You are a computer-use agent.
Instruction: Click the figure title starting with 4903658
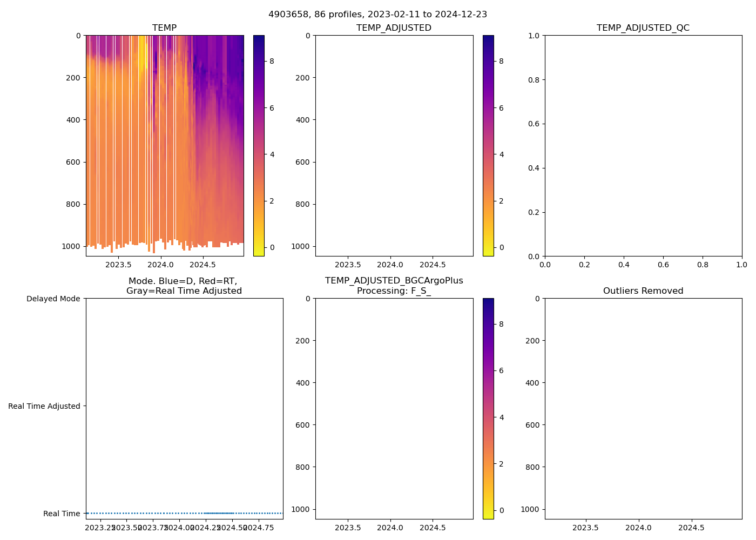(x=377, y=15)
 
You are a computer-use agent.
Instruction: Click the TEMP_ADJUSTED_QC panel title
(x=643, y=28)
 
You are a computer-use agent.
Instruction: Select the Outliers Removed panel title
(x=643, y=291)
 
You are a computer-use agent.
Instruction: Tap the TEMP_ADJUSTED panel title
(x=394, y=28)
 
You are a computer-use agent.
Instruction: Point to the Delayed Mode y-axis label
(x=53, y=299)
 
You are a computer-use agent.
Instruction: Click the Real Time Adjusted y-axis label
(x=44, y=406)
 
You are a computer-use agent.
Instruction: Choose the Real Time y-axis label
(x=61, y=514)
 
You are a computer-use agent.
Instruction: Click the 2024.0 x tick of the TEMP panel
(x=160, y=265)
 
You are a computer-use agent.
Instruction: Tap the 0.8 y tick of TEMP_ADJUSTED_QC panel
(x=534, y=80)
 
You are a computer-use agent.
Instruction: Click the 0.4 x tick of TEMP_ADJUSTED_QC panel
(x=624, y=265)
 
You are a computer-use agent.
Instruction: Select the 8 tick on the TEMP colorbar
(x=272, y=62)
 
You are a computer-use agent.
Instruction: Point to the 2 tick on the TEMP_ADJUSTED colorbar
(x=501, y=201)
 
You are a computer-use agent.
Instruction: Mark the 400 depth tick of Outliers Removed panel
(x=532, y=383)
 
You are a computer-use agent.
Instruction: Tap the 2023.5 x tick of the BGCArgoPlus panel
(x=348, y=528)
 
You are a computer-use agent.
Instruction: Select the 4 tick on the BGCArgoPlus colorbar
(x=501, y=417)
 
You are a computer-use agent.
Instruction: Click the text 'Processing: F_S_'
(x=394, y=291)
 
